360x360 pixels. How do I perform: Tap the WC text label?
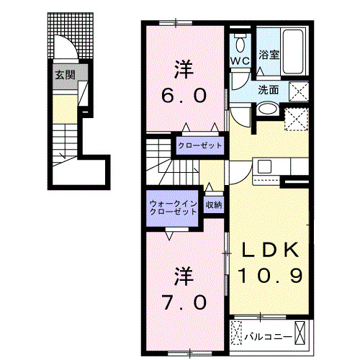coord(240,60)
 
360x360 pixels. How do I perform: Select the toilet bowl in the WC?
coord(240,40)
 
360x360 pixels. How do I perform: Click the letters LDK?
coord(269,250)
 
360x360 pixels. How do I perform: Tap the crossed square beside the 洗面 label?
coord(297,91)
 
